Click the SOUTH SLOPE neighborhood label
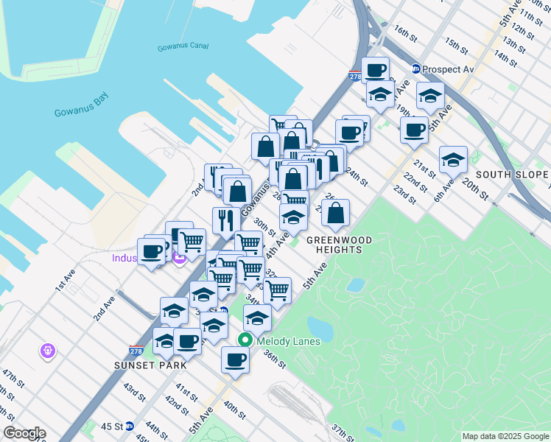tap(511, 175)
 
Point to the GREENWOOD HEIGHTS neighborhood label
tap(334, 245)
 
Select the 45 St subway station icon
tap(130, 426)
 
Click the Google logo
tap(24, 433)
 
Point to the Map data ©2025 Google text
tap(505, 436)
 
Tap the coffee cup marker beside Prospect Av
tap(376, 70)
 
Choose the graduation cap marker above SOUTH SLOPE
tap(453, 158)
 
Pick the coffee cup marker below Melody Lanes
tap(235, 359)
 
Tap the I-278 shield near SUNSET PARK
tap(136, 351)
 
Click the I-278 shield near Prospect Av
tap(354, 76)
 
